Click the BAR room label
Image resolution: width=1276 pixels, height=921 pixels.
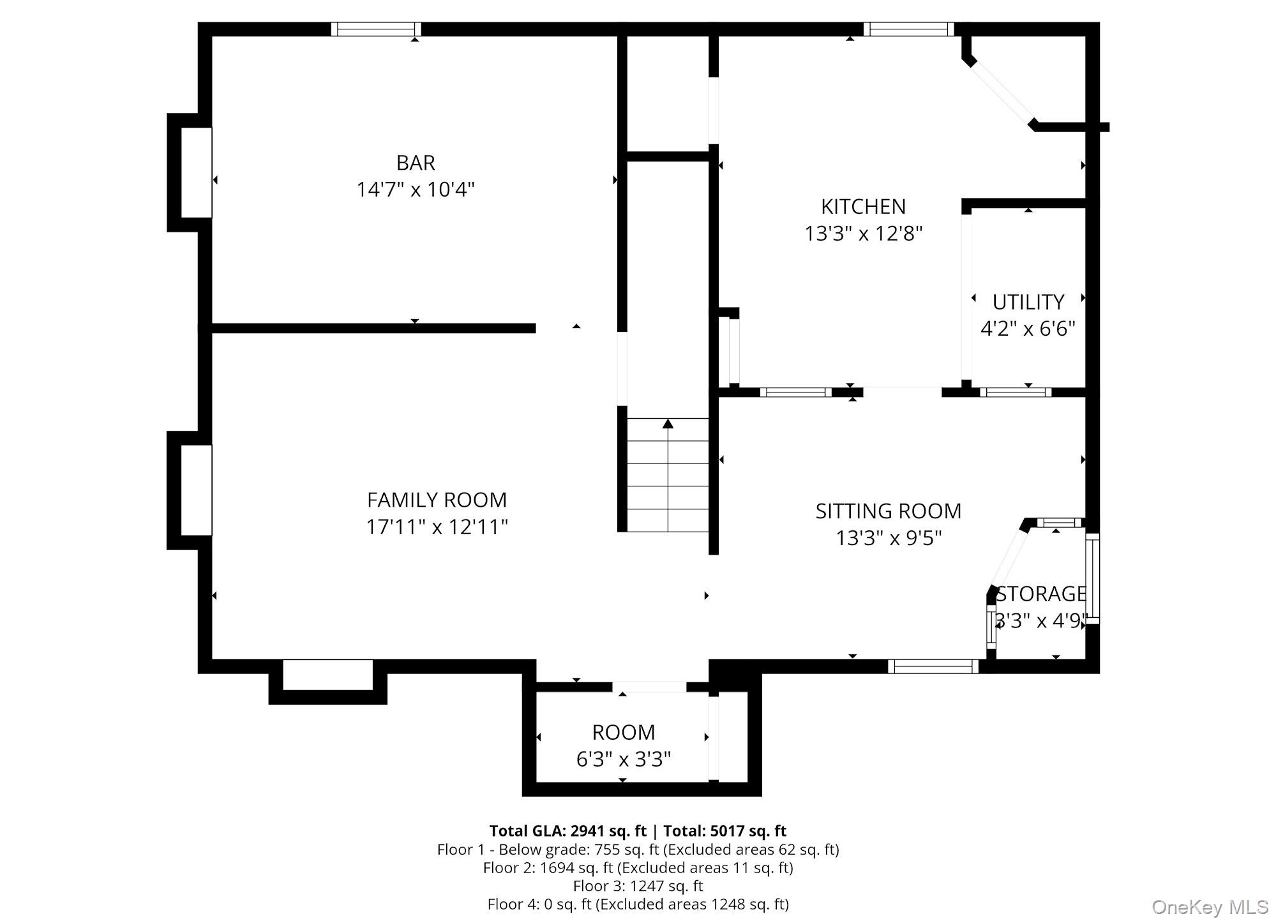416,163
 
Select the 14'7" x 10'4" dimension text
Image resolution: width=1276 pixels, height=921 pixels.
416,190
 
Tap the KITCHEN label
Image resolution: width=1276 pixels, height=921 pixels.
863,206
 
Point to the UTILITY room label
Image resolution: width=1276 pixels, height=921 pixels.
1028,301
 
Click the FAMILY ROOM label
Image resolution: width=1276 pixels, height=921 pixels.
437,499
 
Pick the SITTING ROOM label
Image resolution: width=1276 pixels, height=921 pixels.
888,511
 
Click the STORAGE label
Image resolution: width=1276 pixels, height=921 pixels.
1041,594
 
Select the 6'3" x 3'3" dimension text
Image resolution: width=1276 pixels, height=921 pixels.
623,759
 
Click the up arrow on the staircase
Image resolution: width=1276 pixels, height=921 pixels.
668,424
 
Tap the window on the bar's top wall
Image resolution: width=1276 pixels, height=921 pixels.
376,29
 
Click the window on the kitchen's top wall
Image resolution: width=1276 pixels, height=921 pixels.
908,29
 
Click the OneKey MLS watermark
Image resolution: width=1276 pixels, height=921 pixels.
1210,907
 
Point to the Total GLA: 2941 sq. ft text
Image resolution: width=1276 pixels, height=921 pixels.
567,830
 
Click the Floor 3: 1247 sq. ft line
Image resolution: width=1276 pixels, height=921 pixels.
638,885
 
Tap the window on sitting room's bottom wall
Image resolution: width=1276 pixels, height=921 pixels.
933,667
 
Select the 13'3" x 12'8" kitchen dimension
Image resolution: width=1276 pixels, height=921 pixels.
863,234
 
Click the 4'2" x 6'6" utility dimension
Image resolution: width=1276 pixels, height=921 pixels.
1028,329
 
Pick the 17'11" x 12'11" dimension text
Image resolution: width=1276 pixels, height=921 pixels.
437,527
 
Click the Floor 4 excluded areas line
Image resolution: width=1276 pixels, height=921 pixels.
638,904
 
